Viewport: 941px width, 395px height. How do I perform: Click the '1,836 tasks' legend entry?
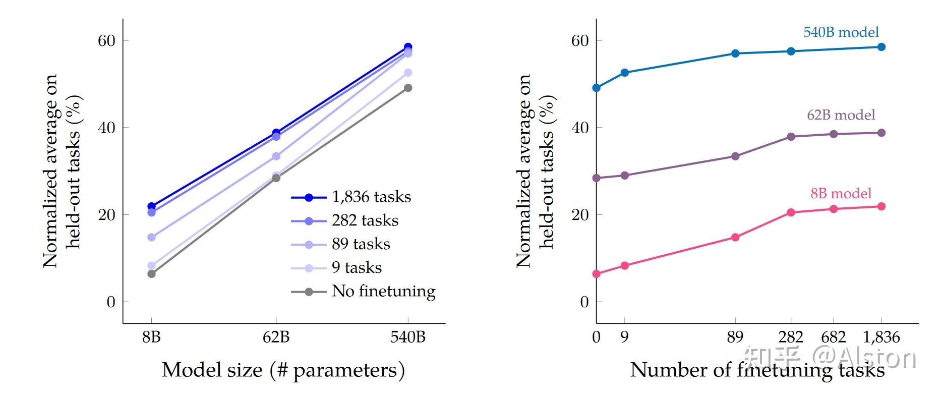371,197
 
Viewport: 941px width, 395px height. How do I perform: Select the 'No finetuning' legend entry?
383,291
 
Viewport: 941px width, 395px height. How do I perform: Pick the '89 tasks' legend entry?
361,244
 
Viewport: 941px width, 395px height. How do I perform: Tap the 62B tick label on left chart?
276,337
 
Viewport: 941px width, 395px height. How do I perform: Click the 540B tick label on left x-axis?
407,337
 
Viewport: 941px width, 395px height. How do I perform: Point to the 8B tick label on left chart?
151,337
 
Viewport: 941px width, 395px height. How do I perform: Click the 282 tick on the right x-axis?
791,337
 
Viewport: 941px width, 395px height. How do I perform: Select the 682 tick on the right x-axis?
834,337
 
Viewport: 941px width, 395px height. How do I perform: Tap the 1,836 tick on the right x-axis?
881,337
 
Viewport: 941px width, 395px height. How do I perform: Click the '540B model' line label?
841,32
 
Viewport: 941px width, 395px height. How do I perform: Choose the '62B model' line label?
841,115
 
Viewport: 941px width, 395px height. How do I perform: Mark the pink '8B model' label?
841,193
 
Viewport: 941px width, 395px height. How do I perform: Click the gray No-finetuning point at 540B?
408,88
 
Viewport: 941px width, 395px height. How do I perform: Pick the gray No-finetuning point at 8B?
151,274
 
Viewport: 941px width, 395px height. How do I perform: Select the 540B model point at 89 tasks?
735,53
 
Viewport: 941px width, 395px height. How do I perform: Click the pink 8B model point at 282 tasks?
791,212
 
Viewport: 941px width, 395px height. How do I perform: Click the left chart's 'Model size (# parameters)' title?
283,370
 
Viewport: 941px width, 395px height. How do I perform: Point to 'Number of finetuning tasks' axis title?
756,370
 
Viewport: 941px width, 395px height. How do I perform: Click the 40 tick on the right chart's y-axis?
580,128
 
